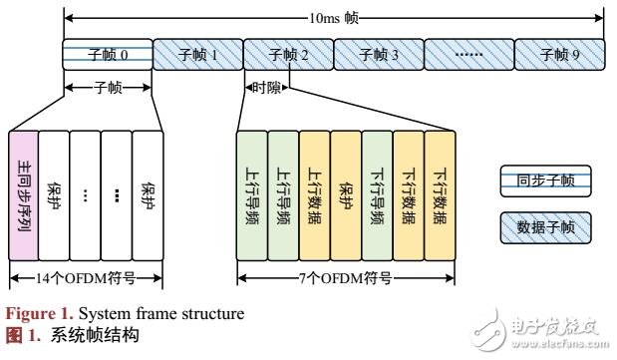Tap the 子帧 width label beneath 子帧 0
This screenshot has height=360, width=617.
pyautogui.click(x=107, y=88)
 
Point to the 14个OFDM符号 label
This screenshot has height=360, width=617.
pyautogui.click(x=85, y=277)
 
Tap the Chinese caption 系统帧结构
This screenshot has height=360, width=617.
pyautogui.click(x=80, y=334)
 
